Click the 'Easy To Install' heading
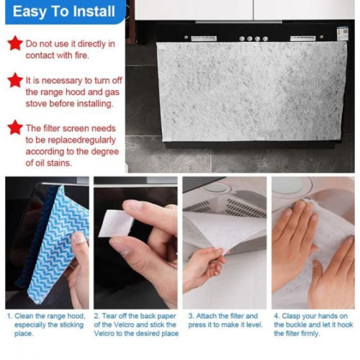(63, 12)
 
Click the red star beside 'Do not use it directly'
(14, 43)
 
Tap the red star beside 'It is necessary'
(14, 79)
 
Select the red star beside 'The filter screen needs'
(14, 127)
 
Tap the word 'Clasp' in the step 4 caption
(296, 315)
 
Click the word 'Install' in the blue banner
(92, 12)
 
